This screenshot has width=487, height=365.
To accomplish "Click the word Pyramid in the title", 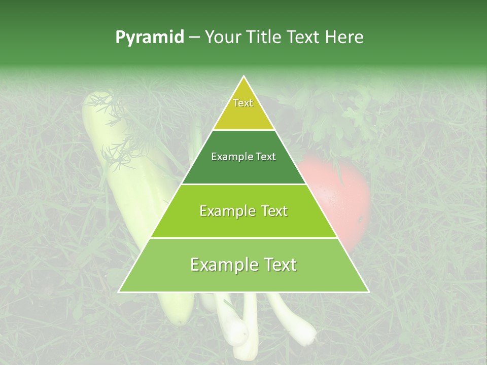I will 149,38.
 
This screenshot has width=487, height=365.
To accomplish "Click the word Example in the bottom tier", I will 221,265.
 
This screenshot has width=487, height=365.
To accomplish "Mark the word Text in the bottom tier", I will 278,265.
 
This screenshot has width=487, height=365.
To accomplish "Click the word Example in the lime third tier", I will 225,211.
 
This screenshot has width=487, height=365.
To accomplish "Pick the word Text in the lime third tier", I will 273,211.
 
